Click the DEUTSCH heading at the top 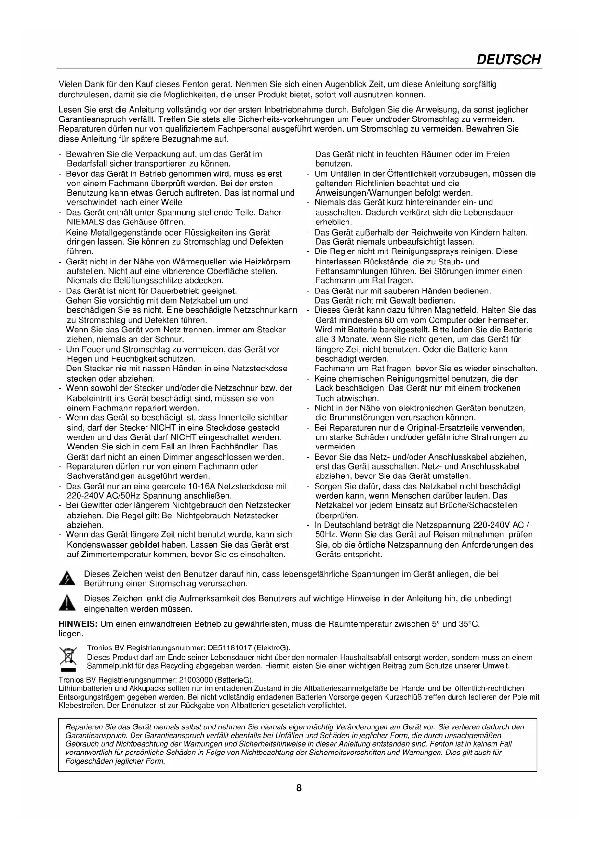[x=508, y=60]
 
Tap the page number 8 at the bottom [x=299, y=788]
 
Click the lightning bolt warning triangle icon [x=67, y=579]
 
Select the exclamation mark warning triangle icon [x=67, y=603]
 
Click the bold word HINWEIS [x=78, y=624]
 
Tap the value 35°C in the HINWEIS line [x=469, y=624]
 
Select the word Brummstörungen [x=359, y=418]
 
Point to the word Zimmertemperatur [x=111, y=555]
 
